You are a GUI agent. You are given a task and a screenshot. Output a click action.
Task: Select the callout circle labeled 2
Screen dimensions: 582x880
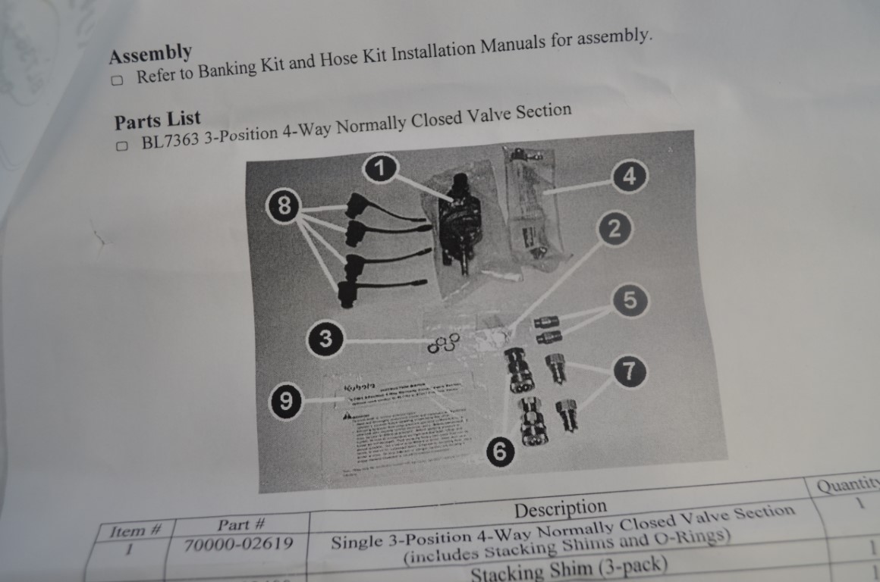coord(614,230)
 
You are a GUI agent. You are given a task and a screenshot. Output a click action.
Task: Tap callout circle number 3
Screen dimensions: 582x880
coord(325,339)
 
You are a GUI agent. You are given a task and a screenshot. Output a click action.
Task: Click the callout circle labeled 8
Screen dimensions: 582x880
coord(284,206)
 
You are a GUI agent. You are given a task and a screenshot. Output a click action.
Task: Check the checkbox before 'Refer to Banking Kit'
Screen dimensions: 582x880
coord(117,80)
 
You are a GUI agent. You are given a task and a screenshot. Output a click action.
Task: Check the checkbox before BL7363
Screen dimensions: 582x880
coord(122,146)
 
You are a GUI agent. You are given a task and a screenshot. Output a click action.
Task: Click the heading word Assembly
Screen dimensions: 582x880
coord(150,54)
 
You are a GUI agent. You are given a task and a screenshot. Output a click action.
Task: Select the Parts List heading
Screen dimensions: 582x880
coord(158,120)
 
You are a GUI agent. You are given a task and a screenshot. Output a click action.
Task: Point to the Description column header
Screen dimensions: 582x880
coord(560,506)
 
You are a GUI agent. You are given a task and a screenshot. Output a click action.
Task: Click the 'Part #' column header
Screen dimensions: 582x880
coord(240,524)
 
